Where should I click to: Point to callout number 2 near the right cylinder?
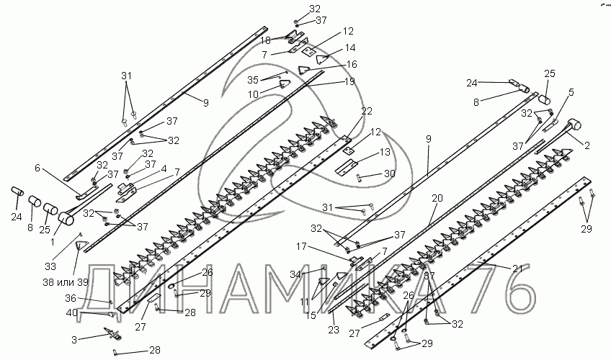[x=587, y=145]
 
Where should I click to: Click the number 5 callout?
[x=571, y=92]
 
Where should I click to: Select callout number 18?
[x=265, y=40]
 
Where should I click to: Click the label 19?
[x=349, y=82]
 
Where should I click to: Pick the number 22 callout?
[x=367, y=110]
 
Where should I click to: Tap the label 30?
[x=390, y=174]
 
